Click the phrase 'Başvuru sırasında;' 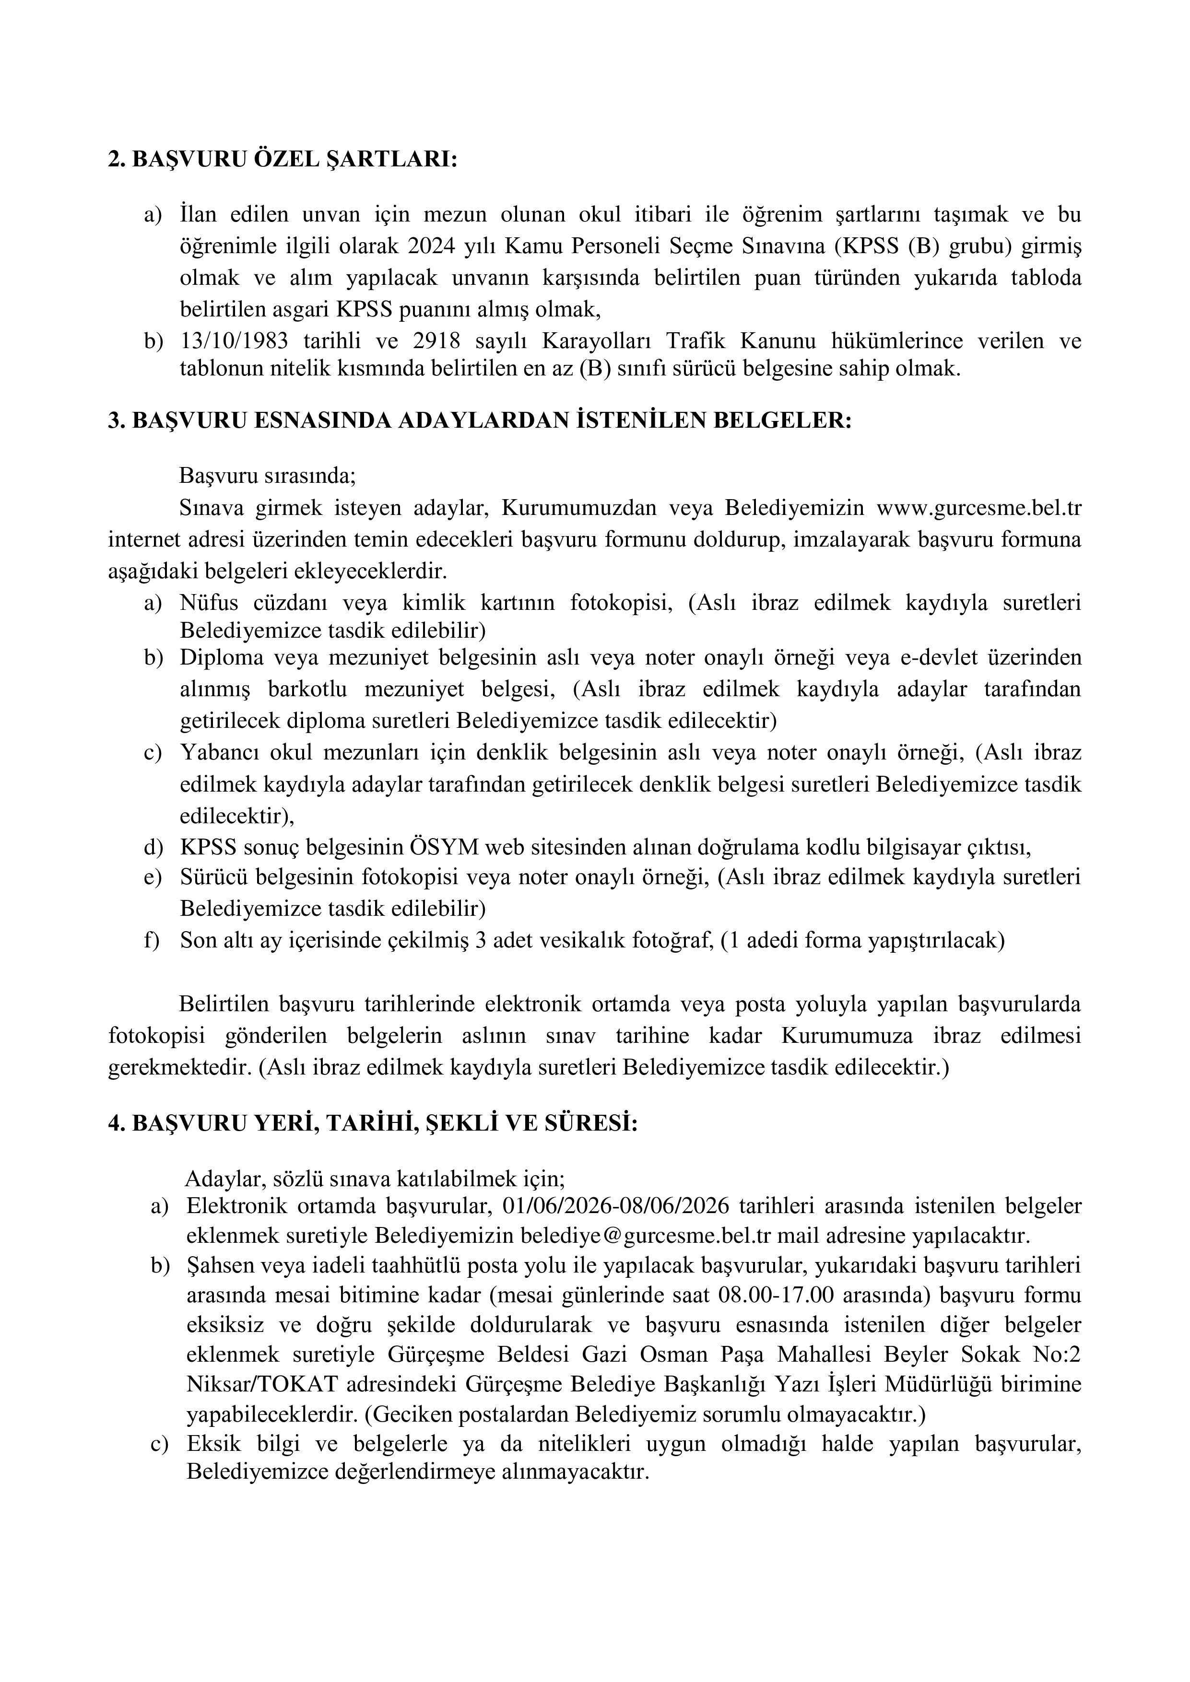pyautogui.click(x=268, y=476)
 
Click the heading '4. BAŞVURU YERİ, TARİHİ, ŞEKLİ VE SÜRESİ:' pyautogui.click(x=373, y=1124)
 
